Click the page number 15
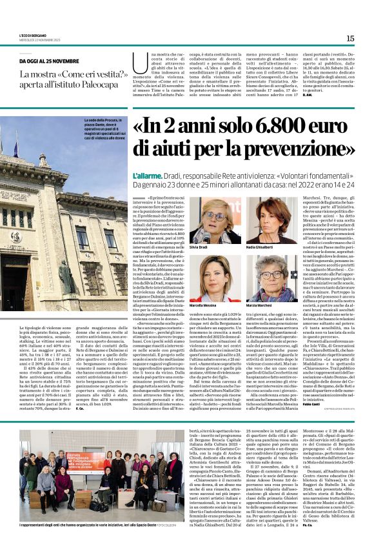pos(350,38)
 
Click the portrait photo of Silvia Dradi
pos(209,220)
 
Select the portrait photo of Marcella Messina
pos(209,276)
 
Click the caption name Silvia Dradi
pos(198,247)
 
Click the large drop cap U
pos(137,64)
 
